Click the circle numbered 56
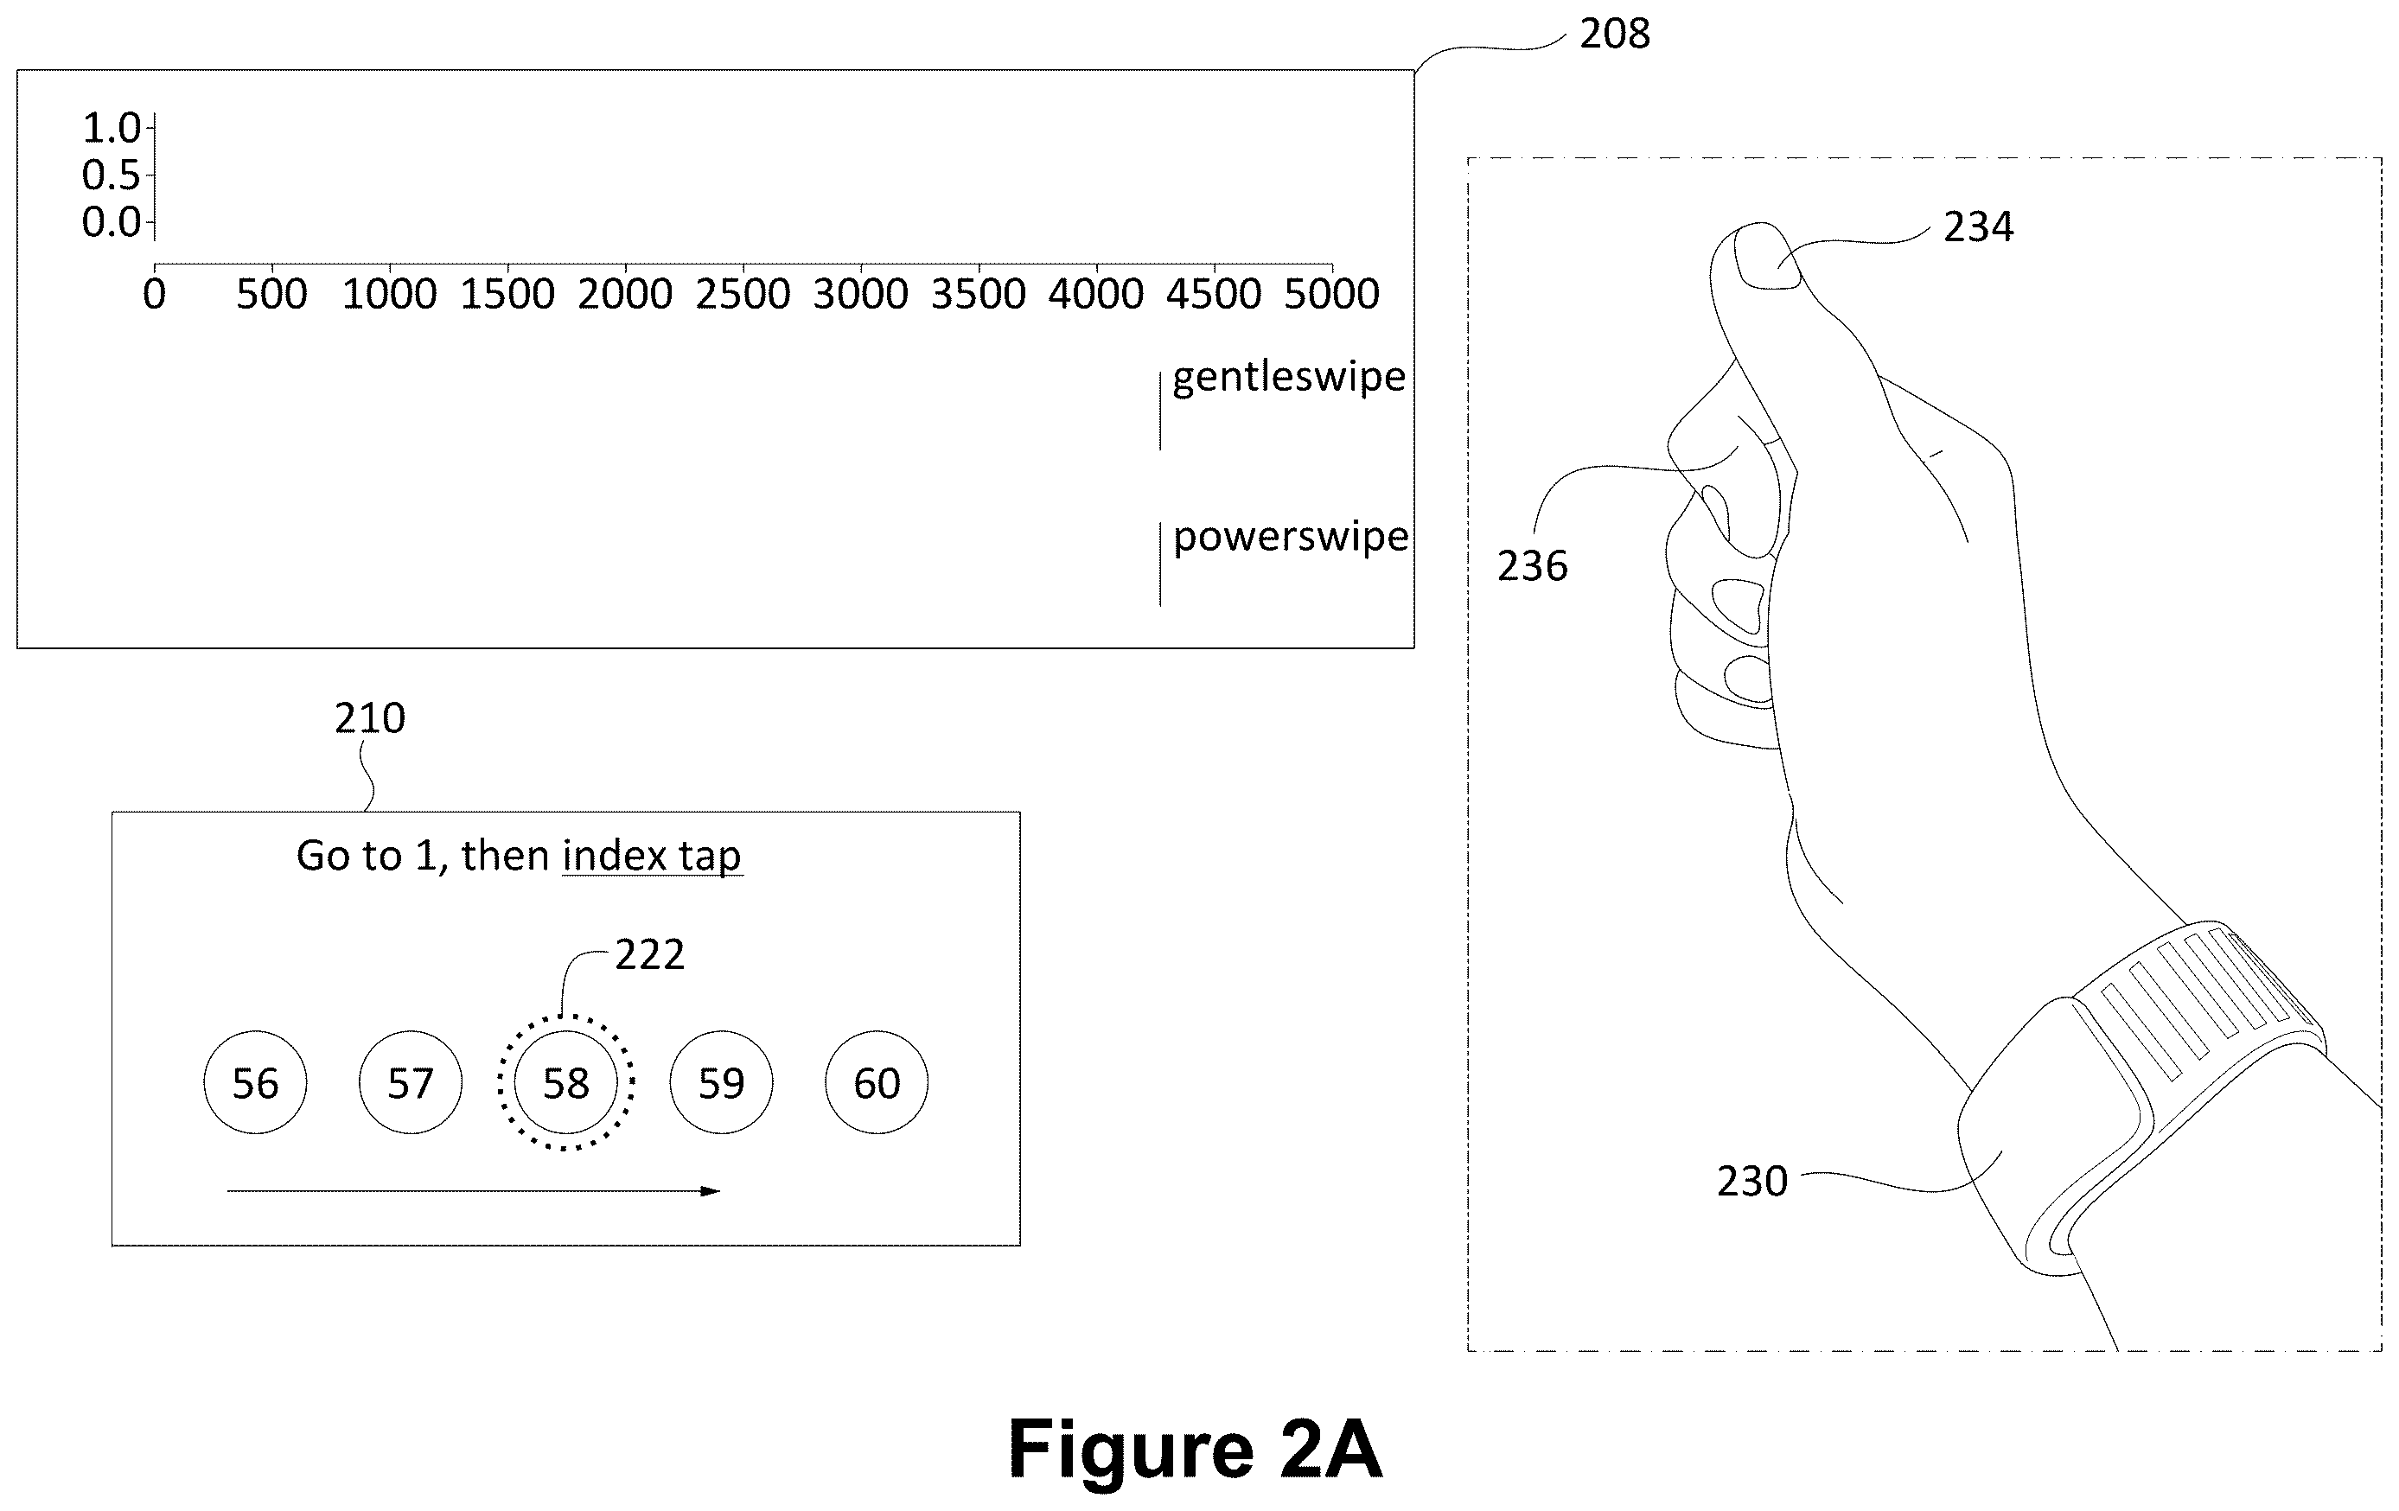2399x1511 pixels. coord(255,1083)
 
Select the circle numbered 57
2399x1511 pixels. coord(411,1083)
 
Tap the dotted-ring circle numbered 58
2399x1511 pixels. coord(566,1083)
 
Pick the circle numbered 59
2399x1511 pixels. coord(721,1083)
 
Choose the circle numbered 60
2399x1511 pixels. coord(877,1083)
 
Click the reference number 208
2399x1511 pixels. coord(1615,34)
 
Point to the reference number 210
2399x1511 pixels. coord(370,718)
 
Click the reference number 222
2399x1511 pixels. coord(649,955)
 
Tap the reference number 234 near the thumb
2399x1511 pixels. coord(1979,227)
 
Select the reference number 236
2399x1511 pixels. coord(1532,565)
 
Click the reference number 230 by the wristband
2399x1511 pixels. coord(1752,1182)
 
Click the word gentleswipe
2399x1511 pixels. coord(1289,377)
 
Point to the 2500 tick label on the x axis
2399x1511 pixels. coord(743,295)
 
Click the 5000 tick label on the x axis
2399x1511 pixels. coord(1332,295)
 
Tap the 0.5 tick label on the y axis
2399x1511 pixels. coord(112,175)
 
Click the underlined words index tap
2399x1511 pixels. coord(653,857)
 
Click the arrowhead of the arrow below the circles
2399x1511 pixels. coord(711,1190)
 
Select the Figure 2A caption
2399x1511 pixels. coord(1196,1450)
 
